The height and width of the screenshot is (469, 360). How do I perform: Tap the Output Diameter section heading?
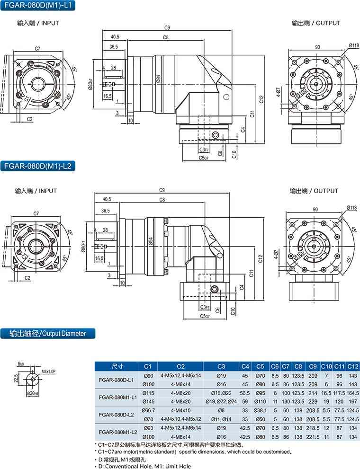tap(47, 333)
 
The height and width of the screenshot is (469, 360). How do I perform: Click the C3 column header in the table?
tap(221, 366)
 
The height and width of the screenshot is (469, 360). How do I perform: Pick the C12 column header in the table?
tap(353, 366)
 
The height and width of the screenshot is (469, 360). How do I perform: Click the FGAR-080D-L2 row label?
tap(117, 414)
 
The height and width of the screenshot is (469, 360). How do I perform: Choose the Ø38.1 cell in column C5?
tap(261, 410)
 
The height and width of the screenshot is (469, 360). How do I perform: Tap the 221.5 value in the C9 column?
tap(312, 436)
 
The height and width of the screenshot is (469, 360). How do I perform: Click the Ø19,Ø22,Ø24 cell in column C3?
tap(221, 401)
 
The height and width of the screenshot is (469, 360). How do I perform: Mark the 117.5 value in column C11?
tap(339, 393)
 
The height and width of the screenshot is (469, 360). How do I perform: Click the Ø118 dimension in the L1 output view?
tap(354, 45)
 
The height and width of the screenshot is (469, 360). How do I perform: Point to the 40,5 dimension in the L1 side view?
tap(114, 36)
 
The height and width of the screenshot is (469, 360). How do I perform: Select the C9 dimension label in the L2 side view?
tap(162, 190)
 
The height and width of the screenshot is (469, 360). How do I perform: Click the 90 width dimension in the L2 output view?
tap(315, 209)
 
